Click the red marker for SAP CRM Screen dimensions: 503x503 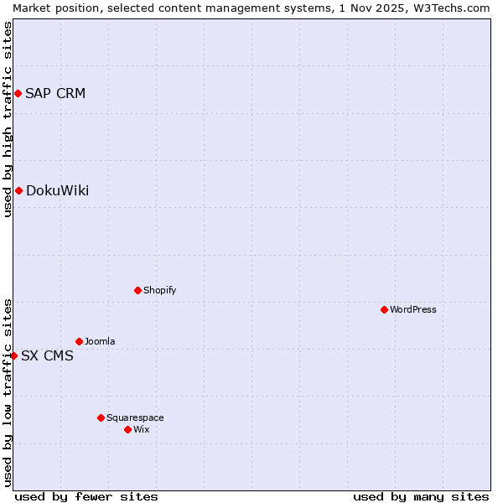point(18,93)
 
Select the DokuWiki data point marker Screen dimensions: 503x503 point(18,190)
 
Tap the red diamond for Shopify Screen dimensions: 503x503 point(137,290)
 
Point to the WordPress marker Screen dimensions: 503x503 point(384,309)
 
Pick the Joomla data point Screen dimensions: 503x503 point(79,341)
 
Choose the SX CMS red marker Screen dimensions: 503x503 point(13,355)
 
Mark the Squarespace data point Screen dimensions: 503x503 point(101,417)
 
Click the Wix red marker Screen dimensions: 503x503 point(127,429)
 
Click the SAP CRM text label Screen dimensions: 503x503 point(55,93)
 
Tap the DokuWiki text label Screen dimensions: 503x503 point(57,190)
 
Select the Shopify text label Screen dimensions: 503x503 point(159,290)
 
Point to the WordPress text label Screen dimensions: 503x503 point(413,309)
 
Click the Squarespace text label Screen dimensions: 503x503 point(135,417)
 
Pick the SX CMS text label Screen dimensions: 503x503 point(47,355)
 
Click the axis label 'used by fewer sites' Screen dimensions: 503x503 point(86,496)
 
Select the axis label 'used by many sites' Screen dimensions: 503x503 point(421,496)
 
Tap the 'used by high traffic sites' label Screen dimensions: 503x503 point(8,119)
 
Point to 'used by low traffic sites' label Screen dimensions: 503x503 point(8,392)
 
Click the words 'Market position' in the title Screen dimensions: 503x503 point(49,8)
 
